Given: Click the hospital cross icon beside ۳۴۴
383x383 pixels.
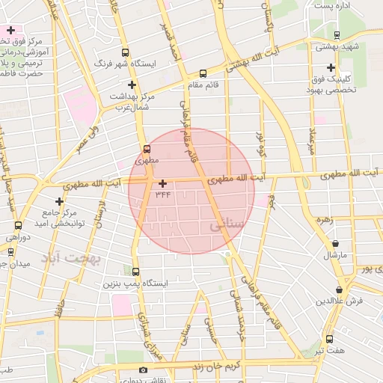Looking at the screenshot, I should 163,183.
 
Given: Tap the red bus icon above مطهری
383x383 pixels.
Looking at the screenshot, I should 146,148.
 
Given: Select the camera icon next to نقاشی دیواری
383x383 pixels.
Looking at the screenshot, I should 143,370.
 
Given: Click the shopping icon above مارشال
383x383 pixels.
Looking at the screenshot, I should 334,244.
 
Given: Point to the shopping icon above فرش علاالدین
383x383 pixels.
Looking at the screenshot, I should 340,289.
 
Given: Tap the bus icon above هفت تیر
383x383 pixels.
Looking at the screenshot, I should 329,339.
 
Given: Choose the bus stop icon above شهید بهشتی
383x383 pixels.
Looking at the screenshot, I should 337,34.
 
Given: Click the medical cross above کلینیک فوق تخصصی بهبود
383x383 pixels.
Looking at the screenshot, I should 330,67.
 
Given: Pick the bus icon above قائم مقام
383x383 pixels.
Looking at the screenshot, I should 203,73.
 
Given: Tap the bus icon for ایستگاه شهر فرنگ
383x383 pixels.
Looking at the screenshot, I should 124,53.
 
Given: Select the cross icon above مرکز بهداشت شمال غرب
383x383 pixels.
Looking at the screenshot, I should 132,85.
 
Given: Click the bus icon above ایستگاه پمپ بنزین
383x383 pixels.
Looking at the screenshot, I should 135,272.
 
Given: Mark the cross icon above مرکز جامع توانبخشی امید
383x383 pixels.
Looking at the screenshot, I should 59,201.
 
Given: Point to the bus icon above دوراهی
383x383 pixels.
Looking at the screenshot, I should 17,224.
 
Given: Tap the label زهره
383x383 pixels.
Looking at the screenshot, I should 323,220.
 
